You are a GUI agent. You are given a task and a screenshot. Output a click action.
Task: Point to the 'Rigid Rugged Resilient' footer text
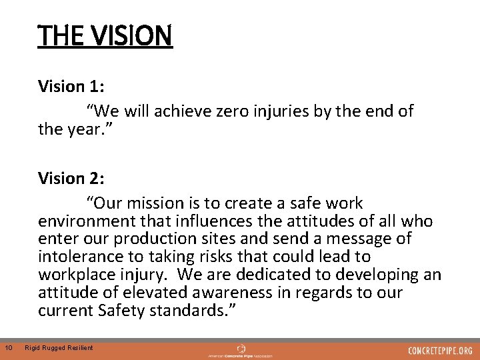coord(59,348)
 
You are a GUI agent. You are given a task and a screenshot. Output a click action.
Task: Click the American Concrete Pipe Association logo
coord(241,350)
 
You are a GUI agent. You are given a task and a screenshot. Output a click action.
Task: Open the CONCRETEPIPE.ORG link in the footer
coord(440,350)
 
